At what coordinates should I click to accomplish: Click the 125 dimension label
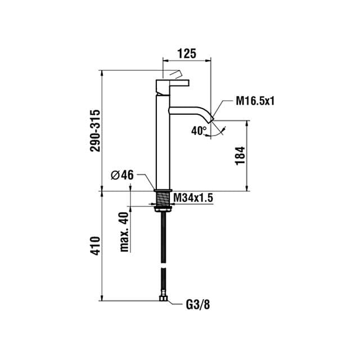pyautogui.click(x=187, y=53)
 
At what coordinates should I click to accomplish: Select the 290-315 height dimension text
pyautogui.click(x=96, y=130)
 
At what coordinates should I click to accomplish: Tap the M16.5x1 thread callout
pyautogui.click(x=255, y=101)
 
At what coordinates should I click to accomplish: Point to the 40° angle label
pyautogui.click(x=199, y=131)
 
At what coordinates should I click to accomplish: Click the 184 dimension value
pyautogui.click(x=240, y=156)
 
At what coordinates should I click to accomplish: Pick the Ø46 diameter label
pyautogui.click(x=122, y=175)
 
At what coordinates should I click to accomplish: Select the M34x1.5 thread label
pyautogui.click(x=193, y=197)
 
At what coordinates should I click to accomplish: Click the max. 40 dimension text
pyautogui.click(x=124, y=232)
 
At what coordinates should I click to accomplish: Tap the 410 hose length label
pyautogui.click(x=96, y=245)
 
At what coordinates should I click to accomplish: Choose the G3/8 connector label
pyautogui.click(x=197, y=305)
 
